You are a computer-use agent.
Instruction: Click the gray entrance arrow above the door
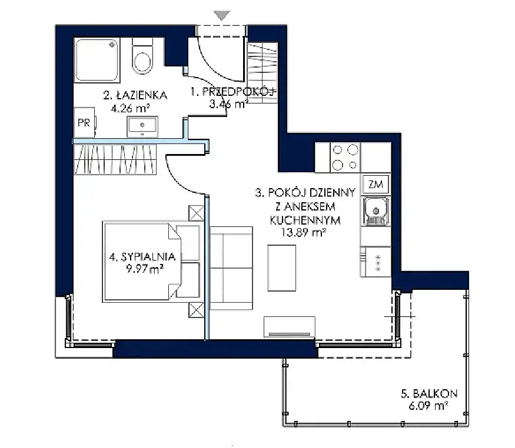click(x=221, y=15)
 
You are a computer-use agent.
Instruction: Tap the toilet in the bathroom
click(x=142, y=55)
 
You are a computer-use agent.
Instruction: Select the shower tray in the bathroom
click(x=97, y=59)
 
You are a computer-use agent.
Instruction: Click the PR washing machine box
click(x=84, y=122)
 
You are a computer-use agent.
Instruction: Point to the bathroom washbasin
click(x=142, y=126)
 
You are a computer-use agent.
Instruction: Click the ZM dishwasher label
click(x=376, y=185)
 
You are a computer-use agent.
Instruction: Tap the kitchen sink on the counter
click(x=376, y=211)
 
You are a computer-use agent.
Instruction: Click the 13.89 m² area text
click(x=304, y=233)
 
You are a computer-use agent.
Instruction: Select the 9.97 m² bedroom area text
click(x=145, y=269)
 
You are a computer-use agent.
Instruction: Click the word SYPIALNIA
click(x=148, y=256)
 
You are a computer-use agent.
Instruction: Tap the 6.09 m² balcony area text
click(x=428, y=406)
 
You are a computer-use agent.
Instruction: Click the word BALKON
click(x=435, y=393)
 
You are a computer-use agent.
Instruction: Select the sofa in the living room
click(x=231, y=268)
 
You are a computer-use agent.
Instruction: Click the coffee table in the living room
click(x=282, y=268)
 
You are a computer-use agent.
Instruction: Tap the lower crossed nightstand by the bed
click(x=197, y=310)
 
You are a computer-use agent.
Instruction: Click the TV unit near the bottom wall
click(x=290, y=327)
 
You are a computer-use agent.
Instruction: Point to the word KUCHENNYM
click(x=305, y=220)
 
